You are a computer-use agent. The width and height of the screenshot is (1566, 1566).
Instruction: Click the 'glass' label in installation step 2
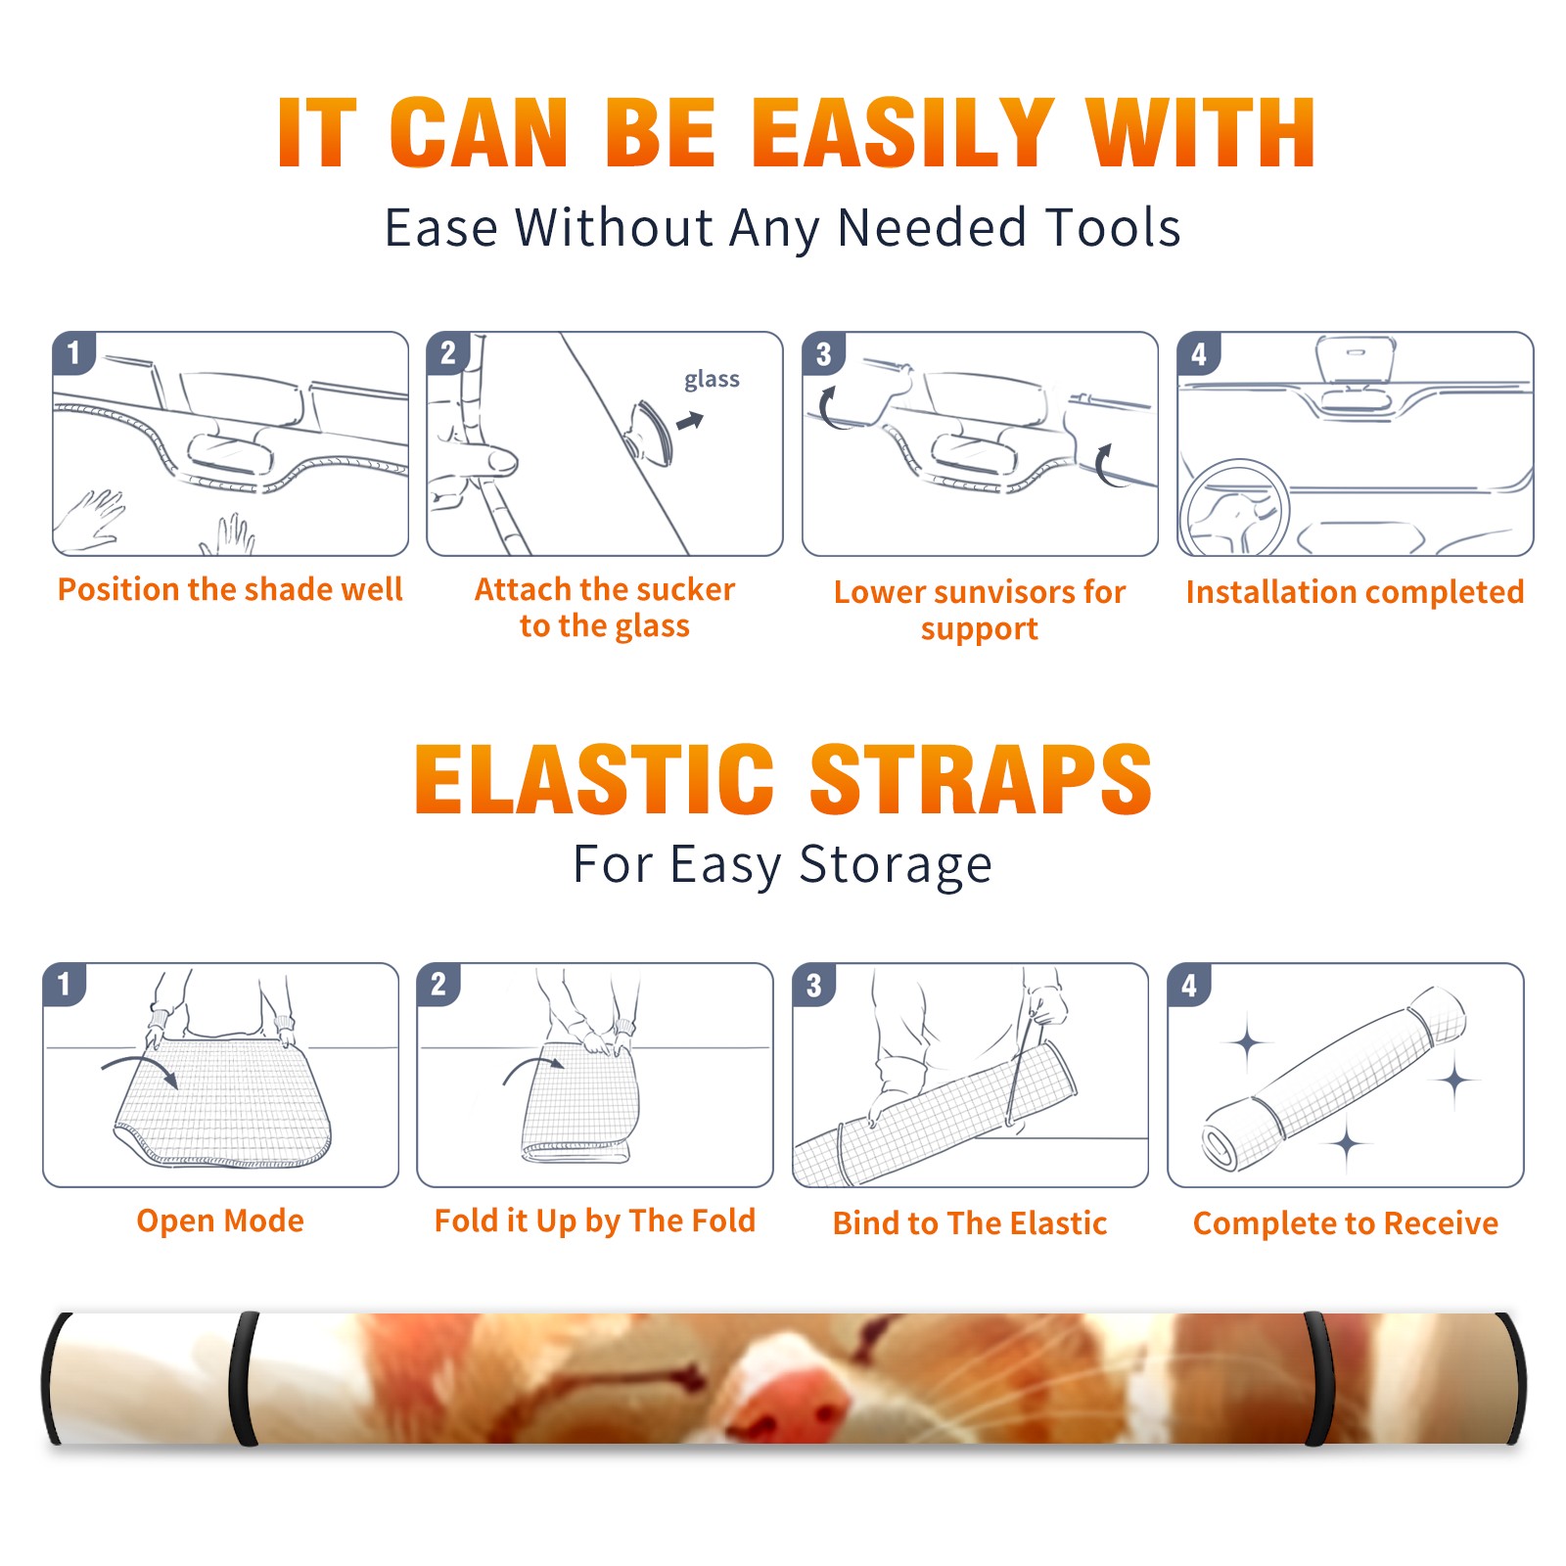712,380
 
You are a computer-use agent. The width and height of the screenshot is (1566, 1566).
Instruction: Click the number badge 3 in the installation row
823,353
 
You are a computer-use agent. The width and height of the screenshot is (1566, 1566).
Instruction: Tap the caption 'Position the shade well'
230,589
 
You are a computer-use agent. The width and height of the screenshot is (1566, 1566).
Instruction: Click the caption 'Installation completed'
1355,592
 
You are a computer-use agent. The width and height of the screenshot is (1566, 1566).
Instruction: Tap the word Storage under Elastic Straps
896,865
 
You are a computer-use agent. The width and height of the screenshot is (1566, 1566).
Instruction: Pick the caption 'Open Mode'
220,1221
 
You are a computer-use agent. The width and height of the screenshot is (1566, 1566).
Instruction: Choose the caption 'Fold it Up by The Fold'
595,1221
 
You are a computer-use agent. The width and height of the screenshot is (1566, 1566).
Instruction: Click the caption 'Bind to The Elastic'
970,1223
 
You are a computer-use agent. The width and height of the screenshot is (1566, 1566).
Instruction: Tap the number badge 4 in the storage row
1189,985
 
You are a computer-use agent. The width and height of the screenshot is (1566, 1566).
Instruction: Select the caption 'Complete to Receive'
1346,1223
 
